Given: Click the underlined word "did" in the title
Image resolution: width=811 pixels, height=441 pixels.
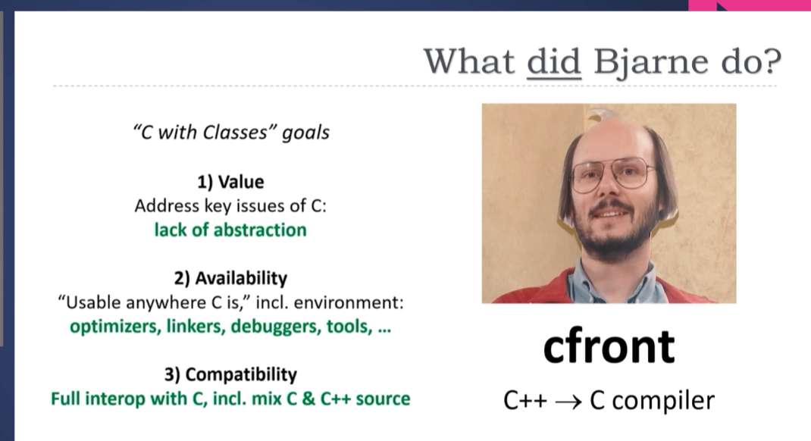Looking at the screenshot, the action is [x=554, y=61].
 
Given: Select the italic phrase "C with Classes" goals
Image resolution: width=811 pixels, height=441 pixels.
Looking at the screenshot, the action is [x=231, y=133].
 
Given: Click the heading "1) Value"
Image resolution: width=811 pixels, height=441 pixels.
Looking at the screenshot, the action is [x=230, y=182].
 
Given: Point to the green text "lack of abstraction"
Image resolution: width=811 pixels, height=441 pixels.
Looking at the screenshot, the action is [x=230, y=230].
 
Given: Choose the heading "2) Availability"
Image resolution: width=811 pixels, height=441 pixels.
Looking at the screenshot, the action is [x=230, y=278].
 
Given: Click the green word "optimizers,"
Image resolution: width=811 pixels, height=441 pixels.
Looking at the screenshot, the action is [x=115, y=327].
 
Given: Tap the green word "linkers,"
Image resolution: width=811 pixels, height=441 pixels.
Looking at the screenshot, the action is [x=196, y=327].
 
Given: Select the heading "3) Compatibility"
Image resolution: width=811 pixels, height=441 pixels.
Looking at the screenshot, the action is [x=230, y=374].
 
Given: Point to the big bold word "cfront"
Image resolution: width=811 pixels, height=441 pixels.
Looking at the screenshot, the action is [x=609, y=346].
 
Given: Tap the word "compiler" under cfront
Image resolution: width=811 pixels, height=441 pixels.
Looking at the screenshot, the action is [x=663, y=401].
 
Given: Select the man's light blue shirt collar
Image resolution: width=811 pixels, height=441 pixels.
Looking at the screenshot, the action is [x=616, y=279].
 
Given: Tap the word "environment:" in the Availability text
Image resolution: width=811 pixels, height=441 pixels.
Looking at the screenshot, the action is [x=349, y=302].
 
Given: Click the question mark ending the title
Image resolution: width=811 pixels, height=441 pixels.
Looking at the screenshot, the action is [x=772, y=61].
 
